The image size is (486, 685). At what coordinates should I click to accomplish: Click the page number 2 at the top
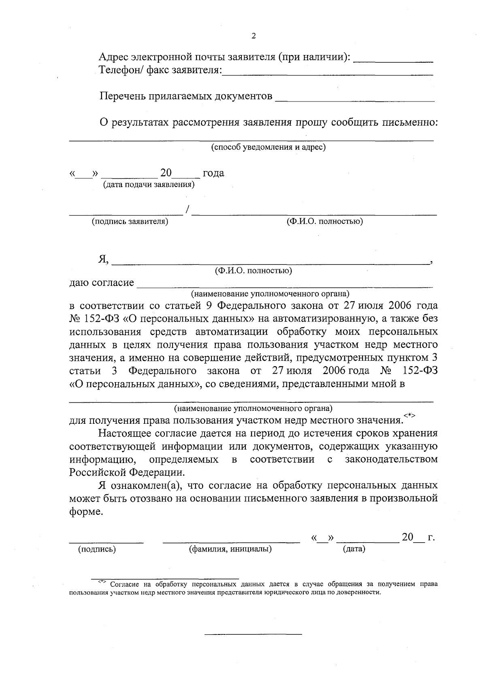(x=254, y=36)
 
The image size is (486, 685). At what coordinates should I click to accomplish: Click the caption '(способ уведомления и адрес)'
(x=268, y=147)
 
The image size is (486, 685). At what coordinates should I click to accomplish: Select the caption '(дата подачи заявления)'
(x=149, y=185)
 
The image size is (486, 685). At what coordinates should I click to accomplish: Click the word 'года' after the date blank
(x=213, y=173)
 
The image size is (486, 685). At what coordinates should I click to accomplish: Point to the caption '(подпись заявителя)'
(x=130, y=221)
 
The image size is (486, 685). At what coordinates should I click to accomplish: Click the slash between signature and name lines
(x=187, y=210)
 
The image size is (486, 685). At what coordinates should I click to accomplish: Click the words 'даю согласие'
(x=102, y=283)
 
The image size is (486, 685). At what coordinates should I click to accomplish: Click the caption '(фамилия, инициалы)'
(x=230, y=549)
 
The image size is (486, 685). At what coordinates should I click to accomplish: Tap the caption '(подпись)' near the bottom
(x=97, y=549)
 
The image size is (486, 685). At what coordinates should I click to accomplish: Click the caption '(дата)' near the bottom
(x=354, y=549)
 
